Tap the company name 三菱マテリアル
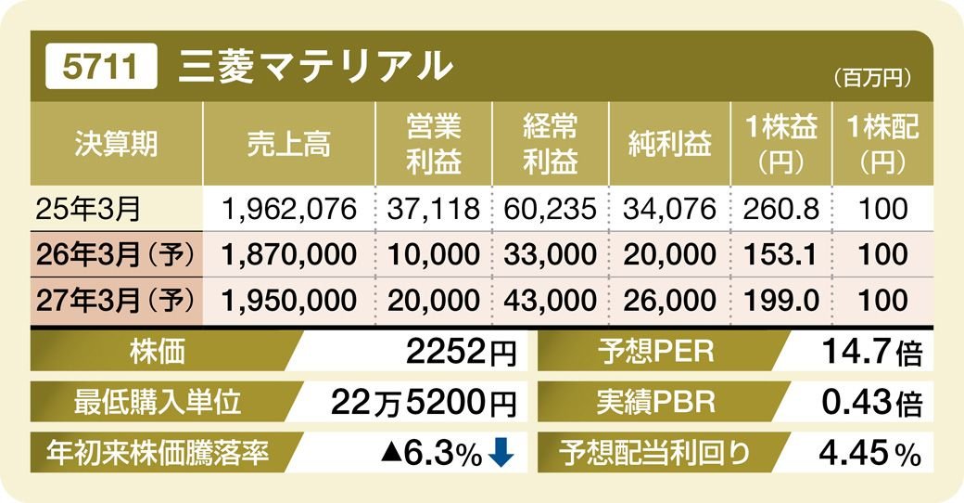coord(315,67)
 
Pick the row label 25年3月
coord(88,209)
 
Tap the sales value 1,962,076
coord(289,209)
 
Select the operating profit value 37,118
coord(434,209)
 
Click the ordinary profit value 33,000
coord(551,254)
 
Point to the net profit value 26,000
coord(669,300)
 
